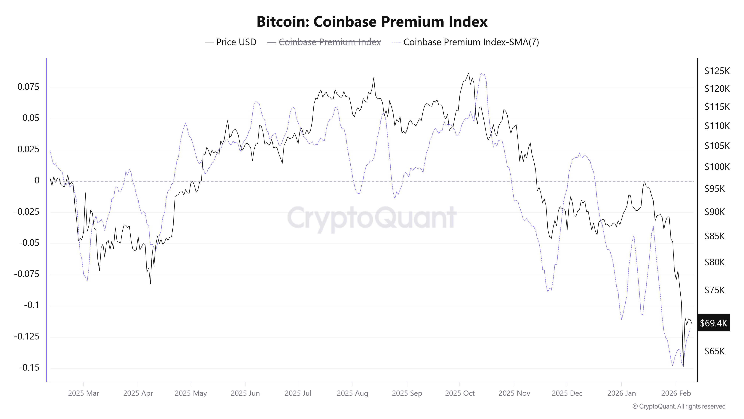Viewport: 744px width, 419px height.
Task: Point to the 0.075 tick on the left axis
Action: click(x=28, y=87)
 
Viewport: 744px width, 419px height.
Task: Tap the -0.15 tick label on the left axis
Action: click(x=29, y=368)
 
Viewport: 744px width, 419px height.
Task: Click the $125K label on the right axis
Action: click(x=717, y=71)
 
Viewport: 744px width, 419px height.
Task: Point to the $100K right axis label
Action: click(x=717, y=167)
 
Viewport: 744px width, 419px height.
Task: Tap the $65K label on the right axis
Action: click(x=715, y=351)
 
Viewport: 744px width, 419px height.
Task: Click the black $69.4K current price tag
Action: click(x=713, y=323)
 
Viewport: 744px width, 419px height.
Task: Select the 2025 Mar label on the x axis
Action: click(x=84, y=393)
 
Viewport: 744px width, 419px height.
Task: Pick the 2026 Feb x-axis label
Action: click(x=676, y=393)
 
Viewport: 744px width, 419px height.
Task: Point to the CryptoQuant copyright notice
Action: click(x=679, y=406)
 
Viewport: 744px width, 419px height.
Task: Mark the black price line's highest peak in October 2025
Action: click(x=469, y=73)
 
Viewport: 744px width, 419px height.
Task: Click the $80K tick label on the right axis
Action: click(x=715, y=262)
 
